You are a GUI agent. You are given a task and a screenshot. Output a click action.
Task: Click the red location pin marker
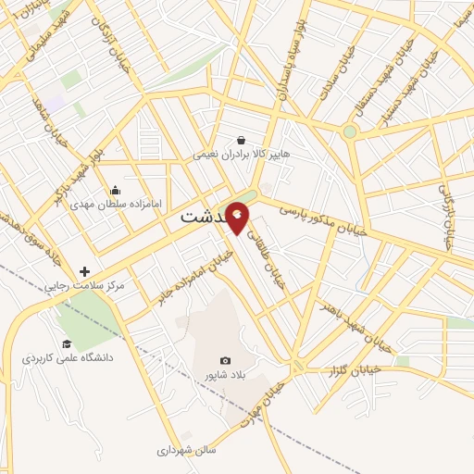238,216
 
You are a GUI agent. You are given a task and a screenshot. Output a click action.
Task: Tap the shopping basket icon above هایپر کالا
242,140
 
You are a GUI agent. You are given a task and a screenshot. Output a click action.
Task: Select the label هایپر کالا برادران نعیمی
242,155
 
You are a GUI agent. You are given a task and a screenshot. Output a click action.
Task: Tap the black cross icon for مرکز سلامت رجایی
85,272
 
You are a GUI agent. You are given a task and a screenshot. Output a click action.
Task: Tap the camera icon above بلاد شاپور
224,359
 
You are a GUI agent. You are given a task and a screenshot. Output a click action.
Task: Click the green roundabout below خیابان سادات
349,131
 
